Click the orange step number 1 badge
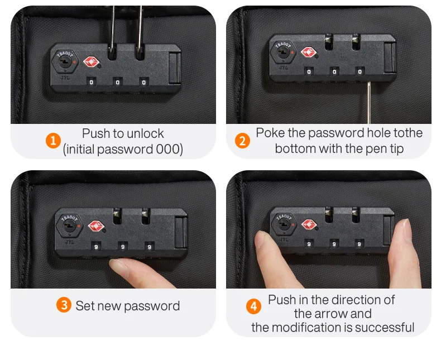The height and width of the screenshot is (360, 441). [53, 141]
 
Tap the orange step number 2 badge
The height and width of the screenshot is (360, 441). [242, 141]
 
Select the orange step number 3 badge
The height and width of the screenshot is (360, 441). [64, 305]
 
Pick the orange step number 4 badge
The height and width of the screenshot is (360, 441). [253, 306]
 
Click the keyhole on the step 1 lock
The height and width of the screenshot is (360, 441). [65, 61]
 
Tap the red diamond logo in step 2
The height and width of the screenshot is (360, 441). [309, 52]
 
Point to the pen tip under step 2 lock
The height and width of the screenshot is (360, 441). [369, 83]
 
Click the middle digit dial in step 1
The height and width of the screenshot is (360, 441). [117, 82]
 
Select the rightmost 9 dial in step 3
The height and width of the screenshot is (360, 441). [150, 247]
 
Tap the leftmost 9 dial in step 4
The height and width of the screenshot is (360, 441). [309, 244]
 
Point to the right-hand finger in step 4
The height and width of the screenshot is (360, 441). [405, 253]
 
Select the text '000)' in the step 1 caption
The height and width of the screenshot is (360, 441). [169, 149]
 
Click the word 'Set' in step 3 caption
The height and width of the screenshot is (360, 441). [84, 306]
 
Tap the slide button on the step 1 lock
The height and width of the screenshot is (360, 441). [174, 68]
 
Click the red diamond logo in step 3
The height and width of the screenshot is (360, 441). [96, 226]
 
